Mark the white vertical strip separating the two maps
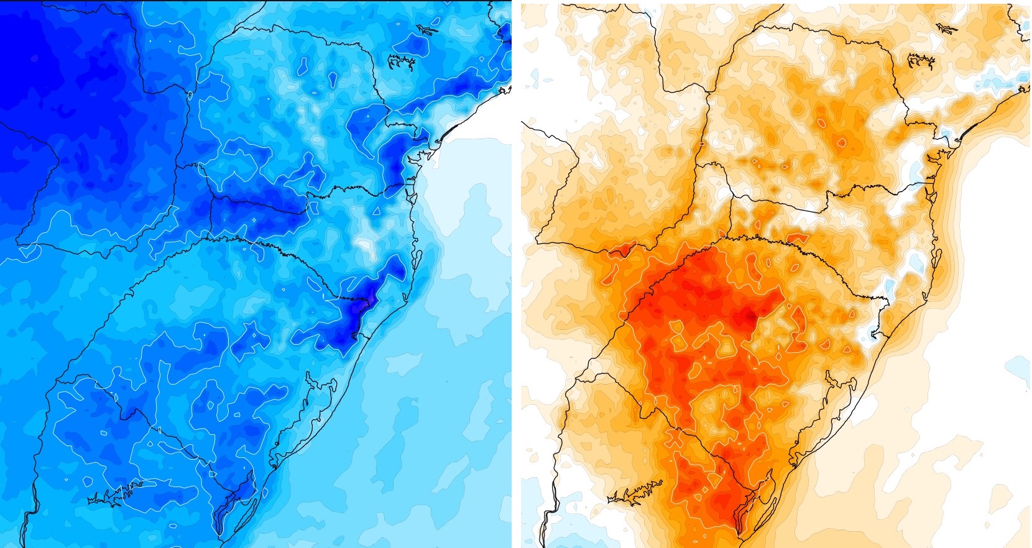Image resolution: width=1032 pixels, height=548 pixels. (516, 273)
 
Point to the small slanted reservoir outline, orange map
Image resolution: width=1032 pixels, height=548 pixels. (946, 29)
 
